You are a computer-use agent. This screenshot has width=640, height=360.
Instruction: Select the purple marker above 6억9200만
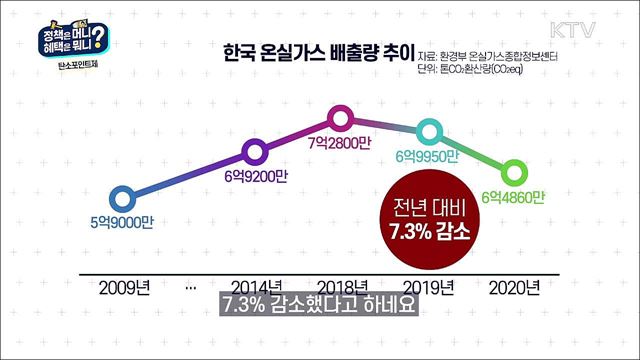pyautogui.click(x=255, y=152)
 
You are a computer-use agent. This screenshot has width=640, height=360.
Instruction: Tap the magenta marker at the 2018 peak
pyautogui.click(x=342, y=120)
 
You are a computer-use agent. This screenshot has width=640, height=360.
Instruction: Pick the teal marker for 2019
pyautogui.click(x=428, y=130)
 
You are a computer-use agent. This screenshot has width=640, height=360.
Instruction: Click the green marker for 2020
pyautogui.click(x=513, y=170)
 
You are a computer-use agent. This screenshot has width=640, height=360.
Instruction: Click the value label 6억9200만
pyautogui.click(x=255, y=177)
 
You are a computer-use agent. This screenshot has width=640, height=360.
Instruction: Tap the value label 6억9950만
pyautogui.click(x=427, y=157)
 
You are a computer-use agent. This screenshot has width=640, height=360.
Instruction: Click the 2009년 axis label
pyautogui.click(x=125, y=287)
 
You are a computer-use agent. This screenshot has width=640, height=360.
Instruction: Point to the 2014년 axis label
pyautogui.click(x=255, y=287)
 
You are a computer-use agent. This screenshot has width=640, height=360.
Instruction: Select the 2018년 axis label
pyautogui.click(x=341, y=287)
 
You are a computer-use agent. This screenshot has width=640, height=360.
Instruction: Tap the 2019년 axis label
pyautogui.click(x=427, y=287)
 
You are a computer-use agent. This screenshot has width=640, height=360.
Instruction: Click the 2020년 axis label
pyautogui.click(x=513, y=287)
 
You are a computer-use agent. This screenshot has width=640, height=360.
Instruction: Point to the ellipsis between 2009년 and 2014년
pyautogui.click(x=190, y=287)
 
